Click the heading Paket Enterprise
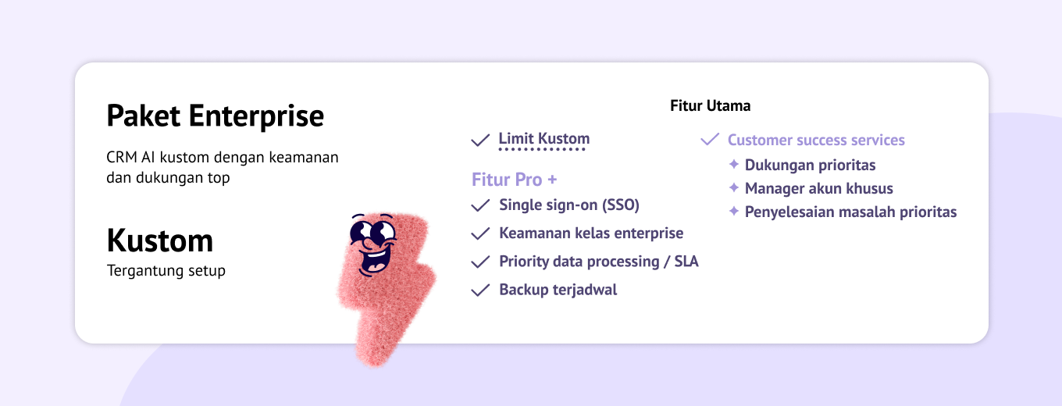pos(216,116)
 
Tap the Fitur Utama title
pos(711,105)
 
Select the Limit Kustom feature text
pos(543,138)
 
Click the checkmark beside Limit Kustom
pos(480,140)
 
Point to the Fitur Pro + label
pos(514,180)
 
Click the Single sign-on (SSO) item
pos(569,205)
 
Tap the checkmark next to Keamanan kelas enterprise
pos(480,233)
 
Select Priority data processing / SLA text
pos(599,262)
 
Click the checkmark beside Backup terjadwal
pos(480,290)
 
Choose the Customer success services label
pos(816,140)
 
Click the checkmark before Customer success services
pos(710,139)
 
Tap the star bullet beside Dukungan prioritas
pos(734,164)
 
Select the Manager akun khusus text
pos(819,188)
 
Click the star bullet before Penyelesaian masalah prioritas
pos(734,211)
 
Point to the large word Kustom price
pos(160,240)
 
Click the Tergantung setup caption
pos(166,271)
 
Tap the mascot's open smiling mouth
pos(375,260)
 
